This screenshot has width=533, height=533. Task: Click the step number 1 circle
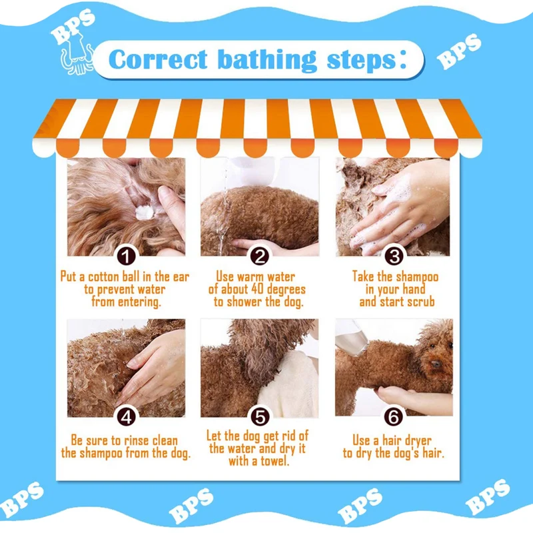(126, 256)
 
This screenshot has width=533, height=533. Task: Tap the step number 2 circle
(260, 256)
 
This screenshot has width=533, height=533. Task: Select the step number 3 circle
(394, 256)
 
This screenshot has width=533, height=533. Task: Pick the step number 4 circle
(126, 417)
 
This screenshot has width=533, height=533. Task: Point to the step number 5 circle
(260, 417)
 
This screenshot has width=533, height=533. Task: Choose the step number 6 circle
(394, 417)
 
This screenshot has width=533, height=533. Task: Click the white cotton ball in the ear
(145, 212)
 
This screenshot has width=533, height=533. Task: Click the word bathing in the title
(266, 60)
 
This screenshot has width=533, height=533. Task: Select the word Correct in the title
(158, 60)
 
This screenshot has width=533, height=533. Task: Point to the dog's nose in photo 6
(436, 364)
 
